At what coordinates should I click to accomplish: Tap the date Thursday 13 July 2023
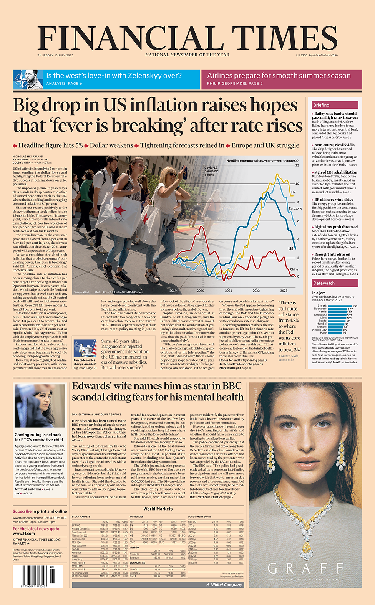[55, 55]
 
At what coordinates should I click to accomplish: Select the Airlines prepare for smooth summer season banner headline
[279, 76]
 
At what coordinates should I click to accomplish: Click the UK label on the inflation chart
[293, 192]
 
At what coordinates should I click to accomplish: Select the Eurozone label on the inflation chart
[295, 208]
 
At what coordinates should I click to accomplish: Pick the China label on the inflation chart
[294, 269]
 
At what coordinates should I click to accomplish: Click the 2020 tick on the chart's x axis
[201, 291]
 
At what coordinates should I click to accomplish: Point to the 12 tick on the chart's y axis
[297, 165]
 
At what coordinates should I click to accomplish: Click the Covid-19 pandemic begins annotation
[211, 171]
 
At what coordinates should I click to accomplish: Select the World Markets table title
[158, 509]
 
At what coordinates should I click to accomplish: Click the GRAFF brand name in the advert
[305, 568]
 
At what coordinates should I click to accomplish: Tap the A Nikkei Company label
[224, 585]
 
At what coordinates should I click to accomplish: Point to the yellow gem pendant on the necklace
[306, 547]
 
